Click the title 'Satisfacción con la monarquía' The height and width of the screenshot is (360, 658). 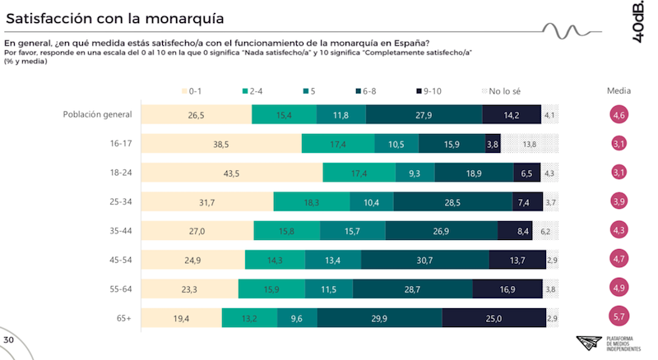(x=115, y=16)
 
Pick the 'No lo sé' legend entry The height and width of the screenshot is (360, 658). (x=503, y=90)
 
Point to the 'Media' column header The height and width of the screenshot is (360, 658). (x=619, y=90)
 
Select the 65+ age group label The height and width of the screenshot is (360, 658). (x=123, y=317)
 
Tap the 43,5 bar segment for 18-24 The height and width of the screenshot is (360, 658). (x=231, y=173)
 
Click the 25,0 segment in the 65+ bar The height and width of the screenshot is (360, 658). (x=493, y=317)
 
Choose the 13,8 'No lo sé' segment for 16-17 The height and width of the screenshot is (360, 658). (x=530, y=145)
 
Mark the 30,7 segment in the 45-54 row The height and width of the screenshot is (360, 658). (x=424, y=260)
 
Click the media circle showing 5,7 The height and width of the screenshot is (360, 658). (x=619, y=317)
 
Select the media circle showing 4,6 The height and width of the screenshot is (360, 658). (x=619, y=115)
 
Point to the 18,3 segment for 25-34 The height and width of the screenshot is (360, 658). (x=311, y=202)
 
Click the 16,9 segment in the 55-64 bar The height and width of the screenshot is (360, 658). (x=507, y=288)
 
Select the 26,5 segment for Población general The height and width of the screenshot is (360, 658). (x=196, y=115)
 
